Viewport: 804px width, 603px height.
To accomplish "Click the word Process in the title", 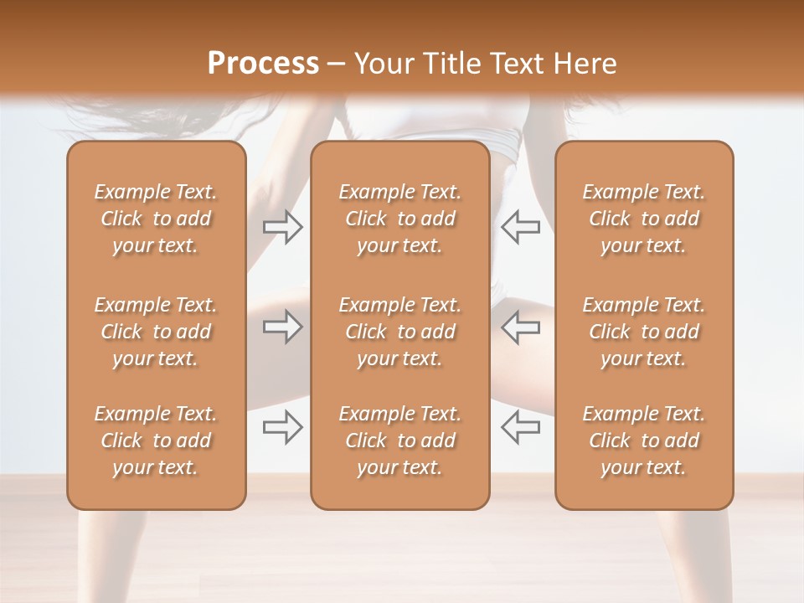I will [263, 64].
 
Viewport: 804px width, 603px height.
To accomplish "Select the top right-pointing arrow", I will [282, 227].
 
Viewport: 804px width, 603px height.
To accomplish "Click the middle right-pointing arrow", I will [282, 327].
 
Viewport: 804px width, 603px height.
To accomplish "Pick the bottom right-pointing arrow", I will [282, 427].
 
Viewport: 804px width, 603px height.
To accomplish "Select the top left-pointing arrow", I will [520, 227].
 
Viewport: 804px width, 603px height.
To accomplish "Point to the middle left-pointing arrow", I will [520, 327].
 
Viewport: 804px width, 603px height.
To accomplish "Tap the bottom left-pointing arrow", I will [520, 427].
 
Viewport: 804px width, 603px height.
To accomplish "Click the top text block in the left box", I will [156, 219].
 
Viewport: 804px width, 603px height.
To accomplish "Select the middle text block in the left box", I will [156, 332].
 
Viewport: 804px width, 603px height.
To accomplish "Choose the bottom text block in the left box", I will [156, 441].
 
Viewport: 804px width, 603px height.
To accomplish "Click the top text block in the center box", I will [400, 219].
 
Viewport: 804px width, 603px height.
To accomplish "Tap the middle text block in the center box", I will [400, 332].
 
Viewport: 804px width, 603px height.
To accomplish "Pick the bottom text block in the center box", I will [400, 441].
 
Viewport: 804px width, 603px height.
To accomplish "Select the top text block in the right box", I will [644, 219].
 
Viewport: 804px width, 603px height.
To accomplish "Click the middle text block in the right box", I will [644, 332].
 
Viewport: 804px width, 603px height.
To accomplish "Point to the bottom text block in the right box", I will [644, 441].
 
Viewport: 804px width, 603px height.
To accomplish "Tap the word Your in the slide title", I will [380, 64].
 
